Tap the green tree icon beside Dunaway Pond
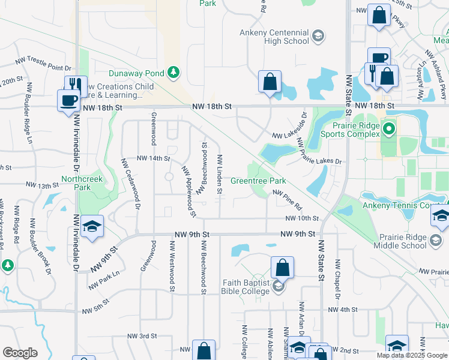click(173, 73)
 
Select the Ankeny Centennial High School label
click(274, 37)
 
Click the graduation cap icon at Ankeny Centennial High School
click(318, 37)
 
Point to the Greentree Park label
click(258, 181)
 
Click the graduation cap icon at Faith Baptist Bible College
click(277, 287)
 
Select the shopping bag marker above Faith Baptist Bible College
click(282, 268)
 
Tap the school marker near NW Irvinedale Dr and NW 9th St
click(92, 227)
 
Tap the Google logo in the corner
click(20, 353)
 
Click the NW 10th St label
click(301, 218)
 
